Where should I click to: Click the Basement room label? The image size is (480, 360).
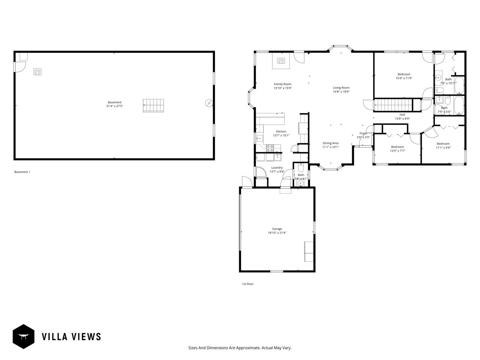pos(114,102)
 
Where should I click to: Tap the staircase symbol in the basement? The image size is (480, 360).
pos(153,105)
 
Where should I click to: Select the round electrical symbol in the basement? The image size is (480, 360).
pos(208,103)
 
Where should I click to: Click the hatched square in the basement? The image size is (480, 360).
pos(37,72)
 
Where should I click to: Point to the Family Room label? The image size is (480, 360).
pos(282,84)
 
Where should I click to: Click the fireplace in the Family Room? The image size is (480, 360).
pos(281,61)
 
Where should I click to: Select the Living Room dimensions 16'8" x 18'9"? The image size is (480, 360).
pos(341,91)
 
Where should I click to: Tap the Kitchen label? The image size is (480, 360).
pos(281,132)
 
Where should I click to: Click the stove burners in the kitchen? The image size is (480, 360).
pos(270,148)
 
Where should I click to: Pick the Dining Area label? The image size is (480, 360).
pos(330,143)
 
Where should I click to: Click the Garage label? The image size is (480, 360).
pos(277,229)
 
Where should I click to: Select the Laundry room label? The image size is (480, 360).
pos(277,168)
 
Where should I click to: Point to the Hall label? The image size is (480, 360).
pos(402,115)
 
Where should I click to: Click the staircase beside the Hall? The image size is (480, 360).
pos(393,105)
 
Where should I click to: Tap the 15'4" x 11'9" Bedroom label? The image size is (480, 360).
pos(404,74)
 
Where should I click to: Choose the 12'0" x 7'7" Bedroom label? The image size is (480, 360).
pos(397,147)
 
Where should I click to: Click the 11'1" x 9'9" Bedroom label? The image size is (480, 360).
pos(443,144)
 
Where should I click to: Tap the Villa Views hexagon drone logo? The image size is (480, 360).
pos(24,336)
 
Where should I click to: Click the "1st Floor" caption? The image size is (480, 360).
pos(247,284)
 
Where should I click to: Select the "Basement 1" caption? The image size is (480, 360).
pos(22,172)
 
